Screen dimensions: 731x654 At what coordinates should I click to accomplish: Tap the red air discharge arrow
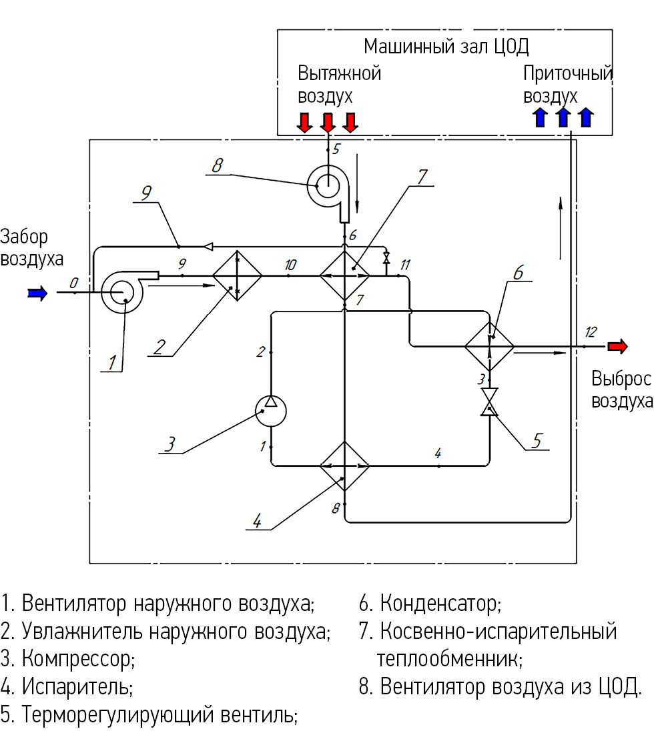tap(618, 346)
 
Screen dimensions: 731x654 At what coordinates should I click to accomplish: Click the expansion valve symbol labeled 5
tap(490, 402)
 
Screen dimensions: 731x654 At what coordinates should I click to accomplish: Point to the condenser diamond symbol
tap(490, 346)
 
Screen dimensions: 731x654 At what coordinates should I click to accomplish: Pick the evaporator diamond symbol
tap(344, 466)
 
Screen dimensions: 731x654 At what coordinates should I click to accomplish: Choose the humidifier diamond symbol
tap(237, 275)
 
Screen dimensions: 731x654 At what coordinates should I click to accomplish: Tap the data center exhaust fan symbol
tap(328, 186)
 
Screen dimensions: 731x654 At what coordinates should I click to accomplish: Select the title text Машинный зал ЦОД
tap(446, 47)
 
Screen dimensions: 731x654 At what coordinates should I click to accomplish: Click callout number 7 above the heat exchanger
tap(422, 176)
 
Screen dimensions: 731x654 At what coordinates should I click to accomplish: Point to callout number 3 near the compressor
tap(171, 443)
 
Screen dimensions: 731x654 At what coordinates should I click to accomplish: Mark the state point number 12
tap(591, 331)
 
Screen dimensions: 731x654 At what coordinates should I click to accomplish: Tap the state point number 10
tap(290, 265)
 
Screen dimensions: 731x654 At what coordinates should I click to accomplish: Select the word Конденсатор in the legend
tap(440, 604)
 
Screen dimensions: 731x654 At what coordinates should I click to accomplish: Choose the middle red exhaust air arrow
tap(327, 122)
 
